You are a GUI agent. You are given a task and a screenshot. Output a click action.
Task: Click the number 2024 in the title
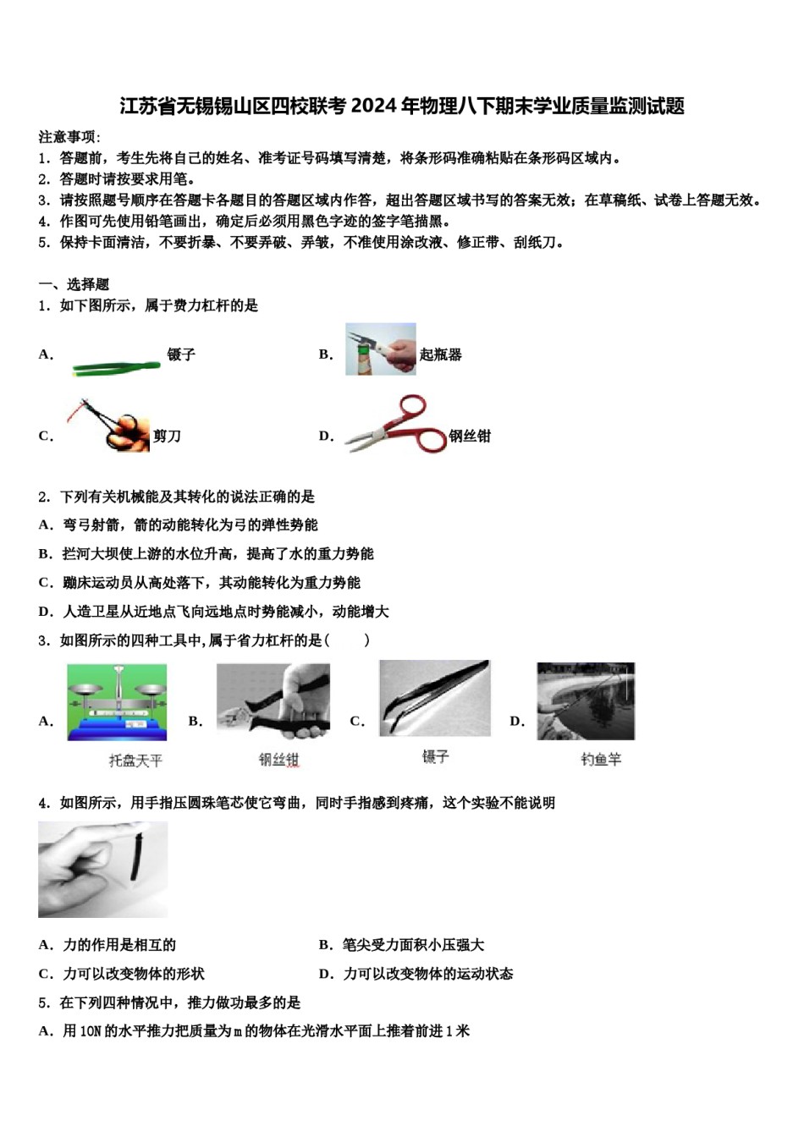(x=374, y=106)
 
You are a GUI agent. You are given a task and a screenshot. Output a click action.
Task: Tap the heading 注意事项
(x=69, y=137)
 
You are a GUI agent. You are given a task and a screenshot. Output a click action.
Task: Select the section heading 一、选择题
(x=74, y=284)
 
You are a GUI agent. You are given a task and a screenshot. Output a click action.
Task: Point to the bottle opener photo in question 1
(x=380, y=349)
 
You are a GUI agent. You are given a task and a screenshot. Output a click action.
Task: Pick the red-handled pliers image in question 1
(x=395, y=426)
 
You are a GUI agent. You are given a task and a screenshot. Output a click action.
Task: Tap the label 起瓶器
(x=441, y=354)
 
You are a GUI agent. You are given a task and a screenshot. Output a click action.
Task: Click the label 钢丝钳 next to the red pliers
(x=470, y=437)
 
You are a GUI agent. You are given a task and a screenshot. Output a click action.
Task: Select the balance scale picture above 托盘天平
(x=117, y=702)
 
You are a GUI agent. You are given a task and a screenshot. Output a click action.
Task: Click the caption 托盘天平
(x=135, y=761)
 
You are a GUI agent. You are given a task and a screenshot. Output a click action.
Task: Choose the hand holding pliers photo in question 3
(x=273, y=701)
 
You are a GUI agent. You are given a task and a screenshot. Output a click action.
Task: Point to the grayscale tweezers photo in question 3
(x=434, y=698)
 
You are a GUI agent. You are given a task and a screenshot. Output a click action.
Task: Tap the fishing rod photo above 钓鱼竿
(x=586, y=700)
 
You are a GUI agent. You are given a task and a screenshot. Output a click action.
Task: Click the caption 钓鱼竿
(x=601, y=760)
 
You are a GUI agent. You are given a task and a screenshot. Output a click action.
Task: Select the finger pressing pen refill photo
(x=102, y=869)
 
